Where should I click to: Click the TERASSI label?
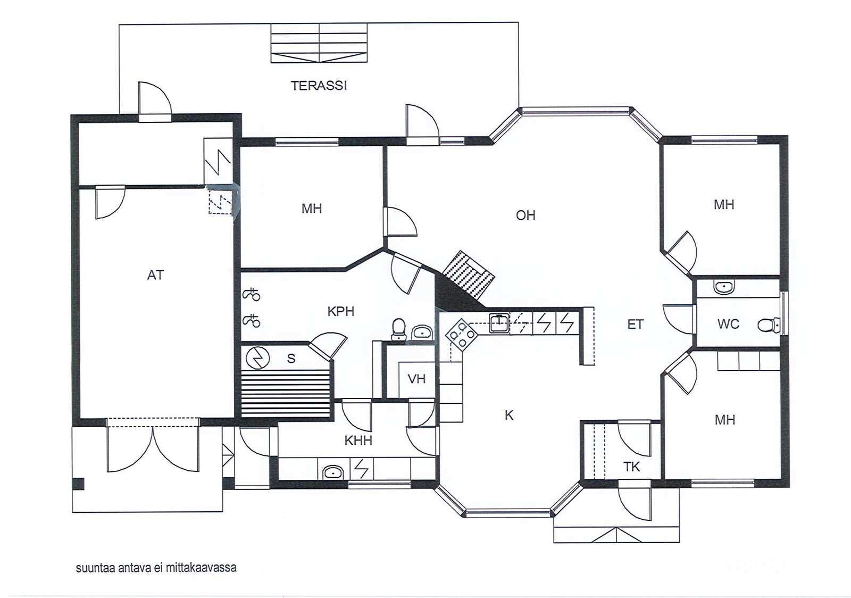tap(319, 86)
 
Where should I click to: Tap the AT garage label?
tap(155, 275)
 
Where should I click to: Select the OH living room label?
tap(526, 215)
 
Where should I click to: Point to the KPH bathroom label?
tap(341, 312)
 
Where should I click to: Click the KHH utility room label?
tap(358, 441)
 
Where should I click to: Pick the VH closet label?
tap(416, 379)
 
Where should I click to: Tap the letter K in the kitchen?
tap(509, 416)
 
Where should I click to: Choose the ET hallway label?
tap(635, 325)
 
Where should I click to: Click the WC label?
tap(728, 324)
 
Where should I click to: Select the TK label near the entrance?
tap(631, 467)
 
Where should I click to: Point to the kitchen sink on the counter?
tap(499, 323)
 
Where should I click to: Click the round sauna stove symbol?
tap(257, 358)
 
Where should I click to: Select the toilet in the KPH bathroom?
tap(398, 329)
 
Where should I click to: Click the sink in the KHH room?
tap(333, 472)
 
